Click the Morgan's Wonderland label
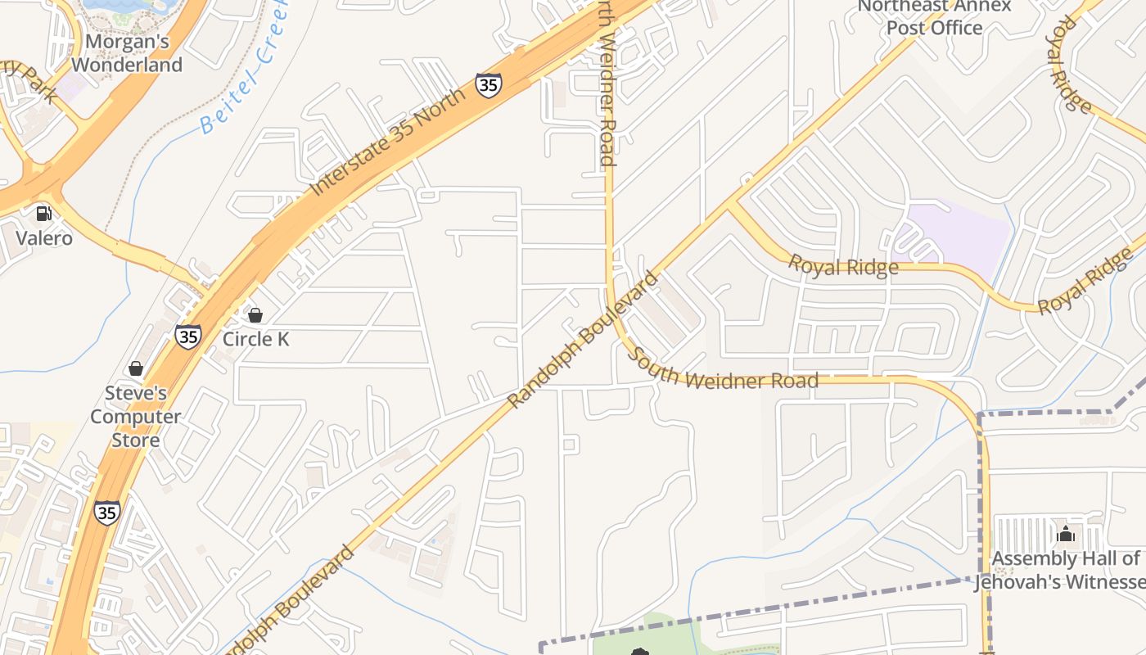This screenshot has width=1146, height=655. (126, 52)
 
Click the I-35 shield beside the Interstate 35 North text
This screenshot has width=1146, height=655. (488, 84)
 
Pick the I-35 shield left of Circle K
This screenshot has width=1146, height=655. (188, 337)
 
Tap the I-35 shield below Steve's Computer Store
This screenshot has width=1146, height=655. (106, 513)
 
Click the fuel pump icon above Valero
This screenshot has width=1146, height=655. (43, 214)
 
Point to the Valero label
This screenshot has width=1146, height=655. (44, 239)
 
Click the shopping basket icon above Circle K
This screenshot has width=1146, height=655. (255, 315)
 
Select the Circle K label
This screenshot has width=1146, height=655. (255, 339)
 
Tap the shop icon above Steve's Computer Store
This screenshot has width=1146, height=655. (136, 369)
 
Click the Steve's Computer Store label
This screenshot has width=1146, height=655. (136, 417)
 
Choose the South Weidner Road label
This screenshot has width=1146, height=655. (724, 371)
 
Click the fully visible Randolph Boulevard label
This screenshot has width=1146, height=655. (583, 340)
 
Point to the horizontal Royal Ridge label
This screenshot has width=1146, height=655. (843, 266)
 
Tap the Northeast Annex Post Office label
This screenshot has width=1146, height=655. (935, 17)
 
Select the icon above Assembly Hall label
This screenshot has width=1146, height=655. (1066, 535)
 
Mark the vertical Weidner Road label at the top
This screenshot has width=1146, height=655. (607, 82)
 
